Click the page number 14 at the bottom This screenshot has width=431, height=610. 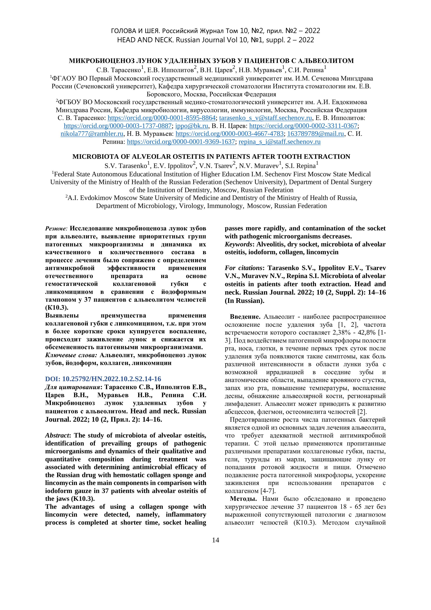pyautogui.click(x=215, y=540)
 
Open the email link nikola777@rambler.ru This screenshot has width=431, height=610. pyautogui.click(x=92, y=134)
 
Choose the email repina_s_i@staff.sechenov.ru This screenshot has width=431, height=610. pyautogui.click(x=280, y=142)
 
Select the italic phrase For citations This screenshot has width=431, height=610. pyautogui.click(x=243, y=268)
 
